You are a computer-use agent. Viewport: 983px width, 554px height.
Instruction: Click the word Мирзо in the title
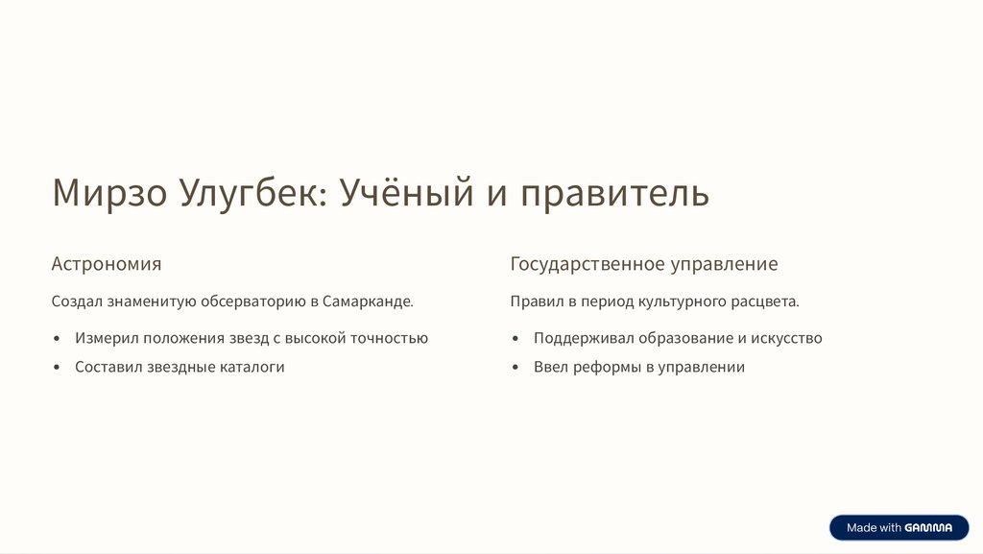pos(109,192)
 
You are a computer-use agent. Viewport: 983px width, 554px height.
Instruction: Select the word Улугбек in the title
pos(253,194)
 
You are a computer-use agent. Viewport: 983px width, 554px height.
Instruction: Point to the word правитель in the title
pos(615,195)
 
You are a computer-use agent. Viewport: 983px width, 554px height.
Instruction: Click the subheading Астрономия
pos(107,264)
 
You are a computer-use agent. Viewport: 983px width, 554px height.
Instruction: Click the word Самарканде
pos(368,301)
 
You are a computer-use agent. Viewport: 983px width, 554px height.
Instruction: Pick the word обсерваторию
pos(253,301)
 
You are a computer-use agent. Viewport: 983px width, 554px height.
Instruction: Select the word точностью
pos(389,338)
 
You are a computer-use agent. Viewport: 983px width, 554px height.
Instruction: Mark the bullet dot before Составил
pos(57,367)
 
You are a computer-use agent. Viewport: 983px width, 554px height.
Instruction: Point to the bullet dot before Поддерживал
pos(515,338)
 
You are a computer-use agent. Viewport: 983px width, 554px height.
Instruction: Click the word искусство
pos(786,338)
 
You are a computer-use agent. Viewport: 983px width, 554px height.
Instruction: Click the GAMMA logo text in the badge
pos(928,528)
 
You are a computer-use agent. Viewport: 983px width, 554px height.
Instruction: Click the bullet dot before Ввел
pos(515,367)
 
